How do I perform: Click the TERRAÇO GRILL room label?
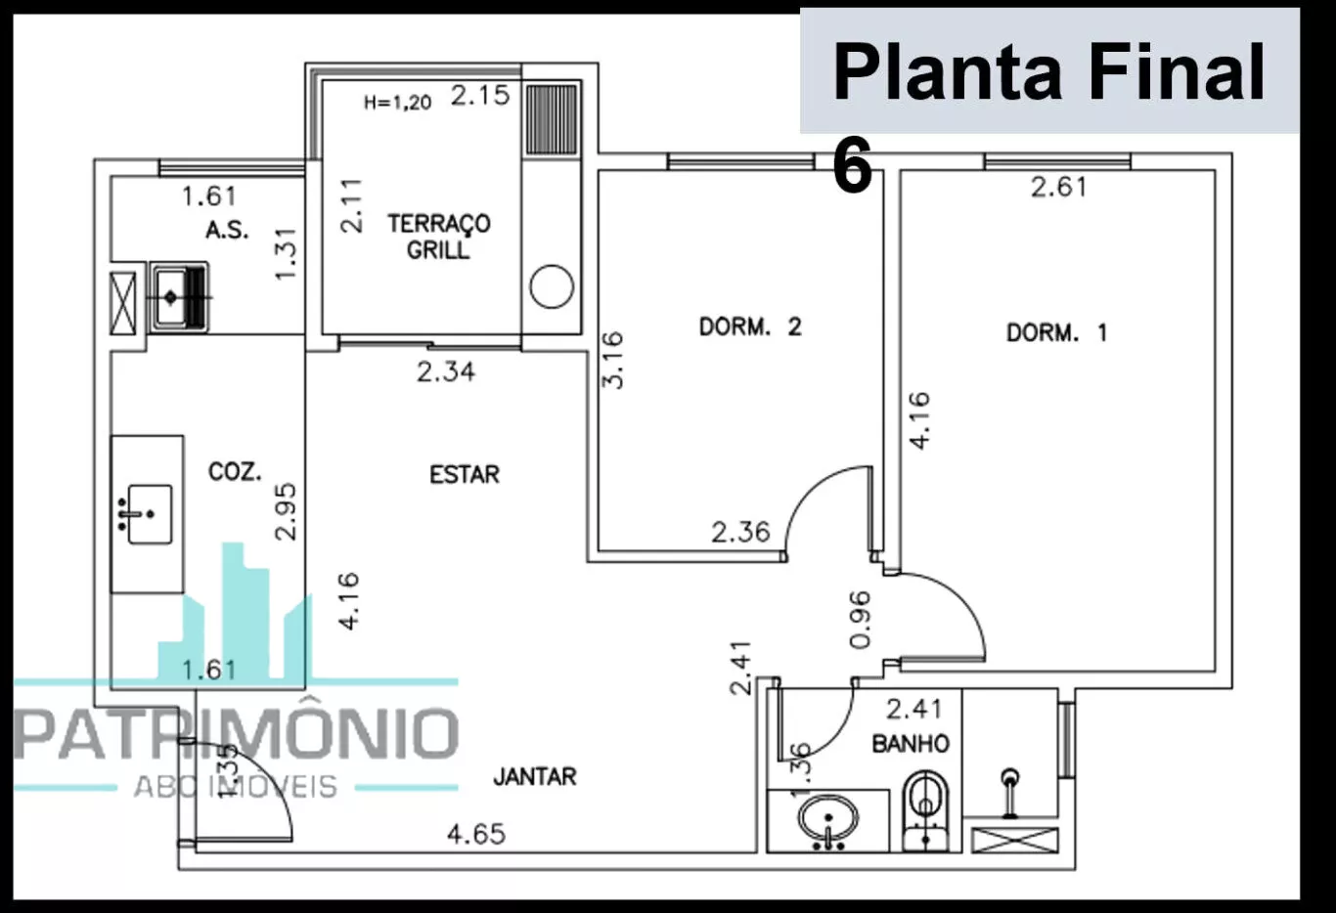point(439,237)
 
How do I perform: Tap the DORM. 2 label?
point(750,327)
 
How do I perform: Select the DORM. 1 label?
point(1057,332)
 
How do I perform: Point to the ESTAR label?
point(465,474)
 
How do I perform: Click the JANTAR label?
point(535,776)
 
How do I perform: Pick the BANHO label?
point(911,743)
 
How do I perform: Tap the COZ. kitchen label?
point(235,471)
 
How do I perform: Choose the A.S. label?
point(227,230)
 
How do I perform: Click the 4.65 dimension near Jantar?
point(476,835)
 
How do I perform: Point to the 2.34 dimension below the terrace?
point(446,371)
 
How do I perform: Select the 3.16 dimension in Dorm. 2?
point(612,360)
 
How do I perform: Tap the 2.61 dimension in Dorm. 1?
point(1059,187)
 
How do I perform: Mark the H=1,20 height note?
point(397,103)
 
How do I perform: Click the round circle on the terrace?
point(552,286)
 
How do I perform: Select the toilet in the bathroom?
point(925,810)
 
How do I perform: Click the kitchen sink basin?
point(151,514)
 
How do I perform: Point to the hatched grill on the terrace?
point(552,119)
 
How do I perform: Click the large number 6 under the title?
point(852,165)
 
